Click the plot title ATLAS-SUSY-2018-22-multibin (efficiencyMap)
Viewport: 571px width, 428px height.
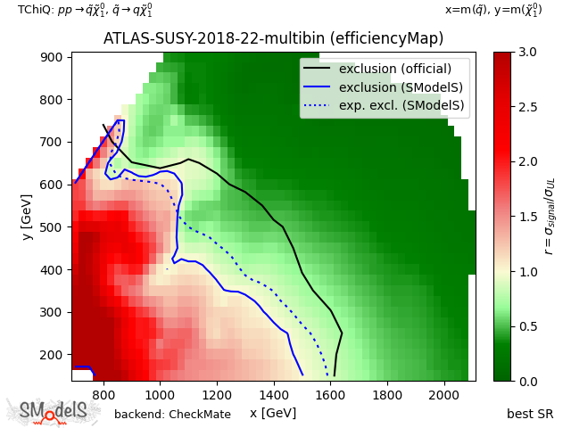coord(273,39)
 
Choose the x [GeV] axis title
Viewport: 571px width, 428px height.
coord(273,413)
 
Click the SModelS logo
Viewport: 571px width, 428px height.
coord(54,411)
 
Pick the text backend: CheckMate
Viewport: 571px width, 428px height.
coord(172,415)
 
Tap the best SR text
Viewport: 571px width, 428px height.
coord(530,414)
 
